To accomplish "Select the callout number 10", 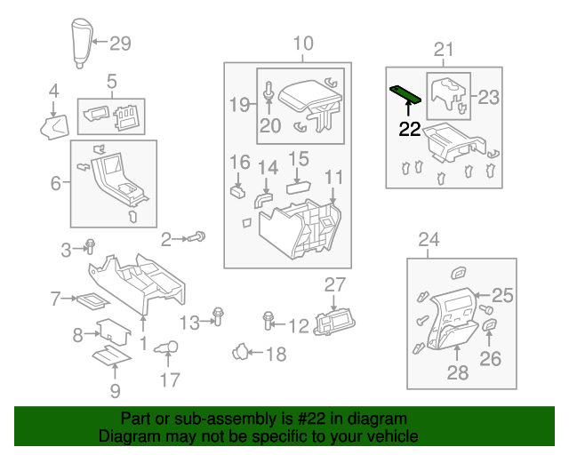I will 303,43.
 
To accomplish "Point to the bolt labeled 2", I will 197,237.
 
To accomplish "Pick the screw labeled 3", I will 90,248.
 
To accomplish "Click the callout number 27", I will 333,284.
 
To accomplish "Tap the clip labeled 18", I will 238,353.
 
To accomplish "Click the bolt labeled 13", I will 217,315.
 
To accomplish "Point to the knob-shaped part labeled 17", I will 167,348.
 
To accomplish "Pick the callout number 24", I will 429,239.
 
